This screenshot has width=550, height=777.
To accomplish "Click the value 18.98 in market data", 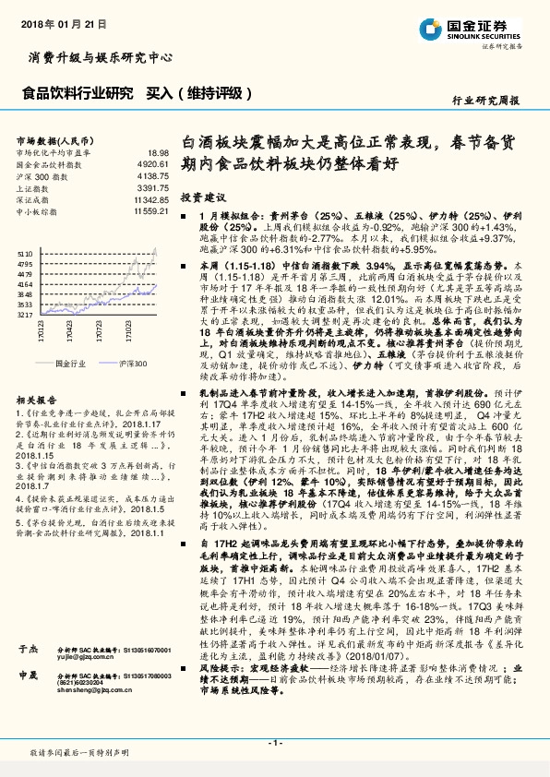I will [x=158, y=151].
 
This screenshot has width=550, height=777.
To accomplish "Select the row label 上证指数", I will [x=35, y=187].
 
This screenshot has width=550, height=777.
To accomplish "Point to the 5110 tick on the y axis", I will [x=25, y=251].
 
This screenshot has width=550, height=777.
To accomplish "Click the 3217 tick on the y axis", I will [x=25, y=315].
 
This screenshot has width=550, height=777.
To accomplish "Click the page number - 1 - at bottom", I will [x=274, y=743].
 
